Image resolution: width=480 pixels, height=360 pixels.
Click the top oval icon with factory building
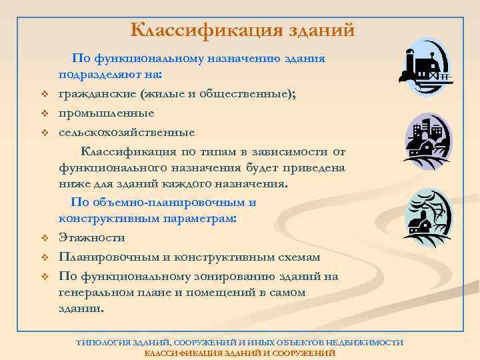[428, 67]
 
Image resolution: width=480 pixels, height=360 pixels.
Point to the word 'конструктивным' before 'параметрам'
[101, 219]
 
